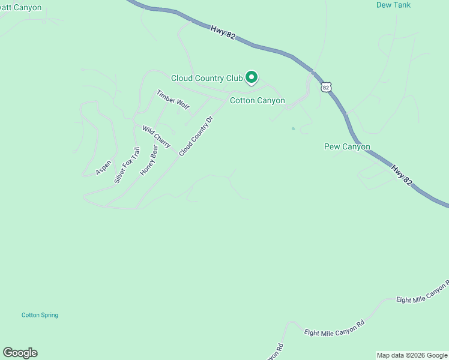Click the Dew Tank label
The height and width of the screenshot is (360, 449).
tap(393, 5)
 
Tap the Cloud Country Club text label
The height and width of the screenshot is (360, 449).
tap(206, 78)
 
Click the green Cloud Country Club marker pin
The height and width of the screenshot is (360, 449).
tap(252, 77)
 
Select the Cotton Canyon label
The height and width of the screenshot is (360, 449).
tap(258, 100)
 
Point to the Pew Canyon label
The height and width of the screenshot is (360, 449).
tap(347, 146)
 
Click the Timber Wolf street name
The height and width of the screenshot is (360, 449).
tap(173, 100)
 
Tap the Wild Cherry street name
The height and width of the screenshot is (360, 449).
tap(156, 137)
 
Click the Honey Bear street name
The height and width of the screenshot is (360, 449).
tap(149, 160)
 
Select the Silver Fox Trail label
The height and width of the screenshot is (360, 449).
tap(127, 165)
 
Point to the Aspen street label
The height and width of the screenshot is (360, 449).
tap(103, 167)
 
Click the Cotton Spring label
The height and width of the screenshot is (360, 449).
tap(40, 315)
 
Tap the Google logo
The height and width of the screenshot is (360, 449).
tap(20, 353)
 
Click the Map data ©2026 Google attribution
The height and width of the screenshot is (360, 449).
tap(412, 355)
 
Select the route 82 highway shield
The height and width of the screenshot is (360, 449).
tap(325, 87)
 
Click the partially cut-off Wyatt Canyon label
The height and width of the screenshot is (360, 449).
tap(20, 8)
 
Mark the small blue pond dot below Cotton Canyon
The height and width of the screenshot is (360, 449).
tap(293, 128)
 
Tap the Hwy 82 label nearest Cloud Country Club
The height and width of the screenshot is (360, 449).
tap(223, 32)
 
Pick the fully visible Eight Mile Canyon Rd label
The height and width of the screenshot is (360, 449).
tap(334, 328)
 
